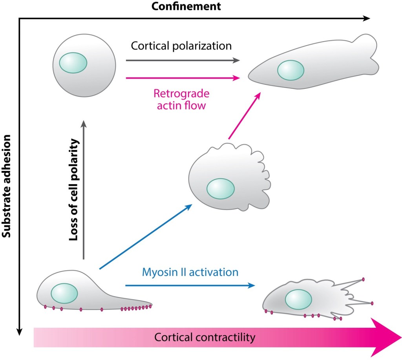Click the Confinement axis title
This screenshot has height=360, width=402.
[x=186, y=7]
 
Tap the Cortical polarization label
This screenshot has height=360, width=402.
[x=181, y=46]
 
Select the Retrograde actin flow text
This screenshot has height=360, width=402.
[x=181, y=100]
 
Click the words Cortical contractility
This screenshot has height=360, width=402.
[x=205, y=337]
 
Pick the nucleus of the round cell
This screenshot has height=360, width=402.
[x=73, y=63]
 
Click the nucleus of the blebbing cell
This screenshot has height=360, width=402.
[x=221, y=189]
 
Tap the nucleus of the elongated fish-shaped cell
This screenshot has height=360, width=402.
[x=291, y=70]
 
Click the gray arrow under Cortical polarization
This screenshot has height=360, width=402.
[x=183, y=60]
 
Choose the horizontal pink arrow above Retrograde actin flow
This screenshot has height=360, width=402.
[x=183, y=78]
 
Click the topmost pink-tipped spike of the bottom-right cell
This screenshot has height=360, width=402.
[x=363, y=280]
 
